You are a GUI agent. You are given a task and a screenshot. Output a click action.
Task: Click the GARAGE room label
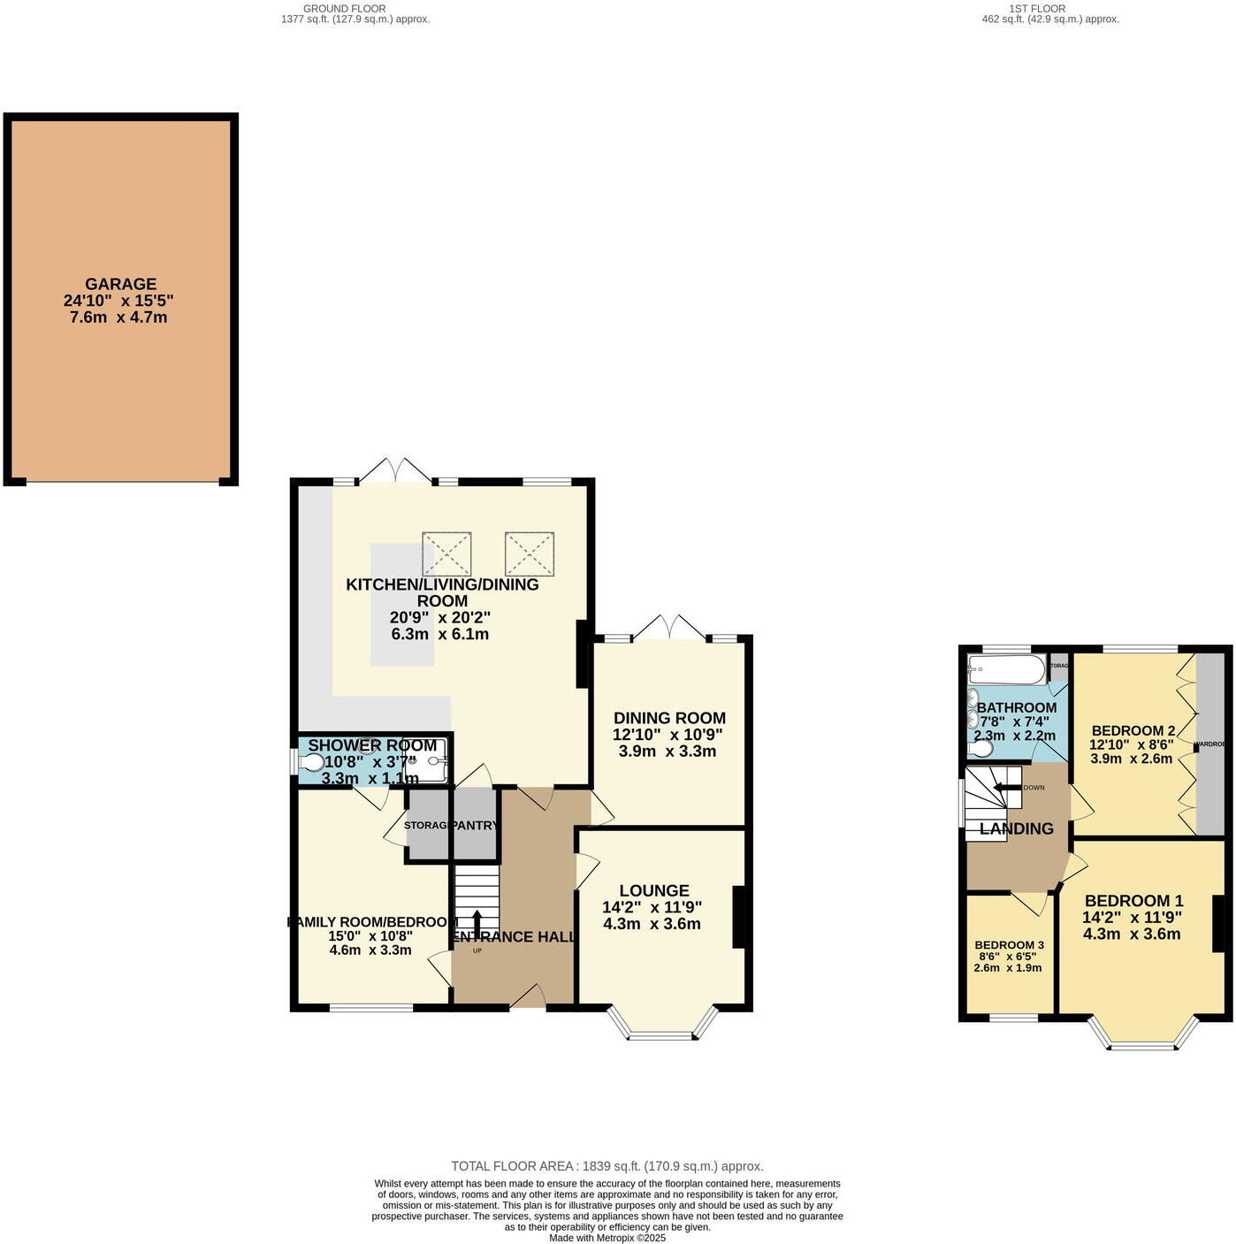pyautogui.click(x=120, y=284)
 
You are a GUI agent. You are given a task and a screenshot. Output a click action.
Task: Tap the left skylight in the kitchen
pyautogui.click(x=446, y=553)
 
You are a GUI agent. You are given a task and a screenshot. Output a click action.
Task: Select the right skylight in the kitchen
pyautogui.click(x=529, y=553)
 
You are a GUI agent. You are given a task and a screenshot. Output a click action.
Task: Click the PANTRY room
pyautogui.click(x=475, y=825)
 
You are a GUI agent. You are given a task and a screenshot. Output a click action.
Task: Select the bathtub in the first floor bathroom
pyautogui.click(x=1007, y=669)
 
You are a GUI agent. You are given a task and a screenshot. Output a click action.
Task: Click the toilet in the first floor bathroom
pyautogui.click(x=980, y=749)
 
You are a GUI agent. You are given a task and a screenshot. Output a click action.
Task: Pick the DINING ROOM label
pyautogui.click(x=669, y=718)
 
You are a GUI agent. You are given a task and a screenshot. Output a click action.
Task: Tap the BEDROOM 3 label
pyautogui.click(x=1009, y=945)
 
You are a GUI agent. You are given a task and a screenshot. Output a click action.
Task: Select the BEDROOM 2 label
pyautogui.click(x=1133, y=730)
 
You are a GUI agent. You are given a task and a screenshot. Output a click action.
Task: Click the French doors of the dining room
pyautogui.click(x=671, y=629)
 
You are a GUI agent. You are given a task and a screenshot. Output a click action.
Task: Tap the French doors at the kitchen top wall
pyautogui.click(x=395, y=471)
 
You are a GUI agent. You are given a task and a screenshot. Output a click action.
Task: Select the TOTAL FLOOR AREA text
pyautogui.click(x=607, y=1166)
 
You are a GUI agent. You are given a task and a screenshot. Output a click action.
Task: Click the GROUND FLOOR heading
pyautogui.click(x=344, y=8)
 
